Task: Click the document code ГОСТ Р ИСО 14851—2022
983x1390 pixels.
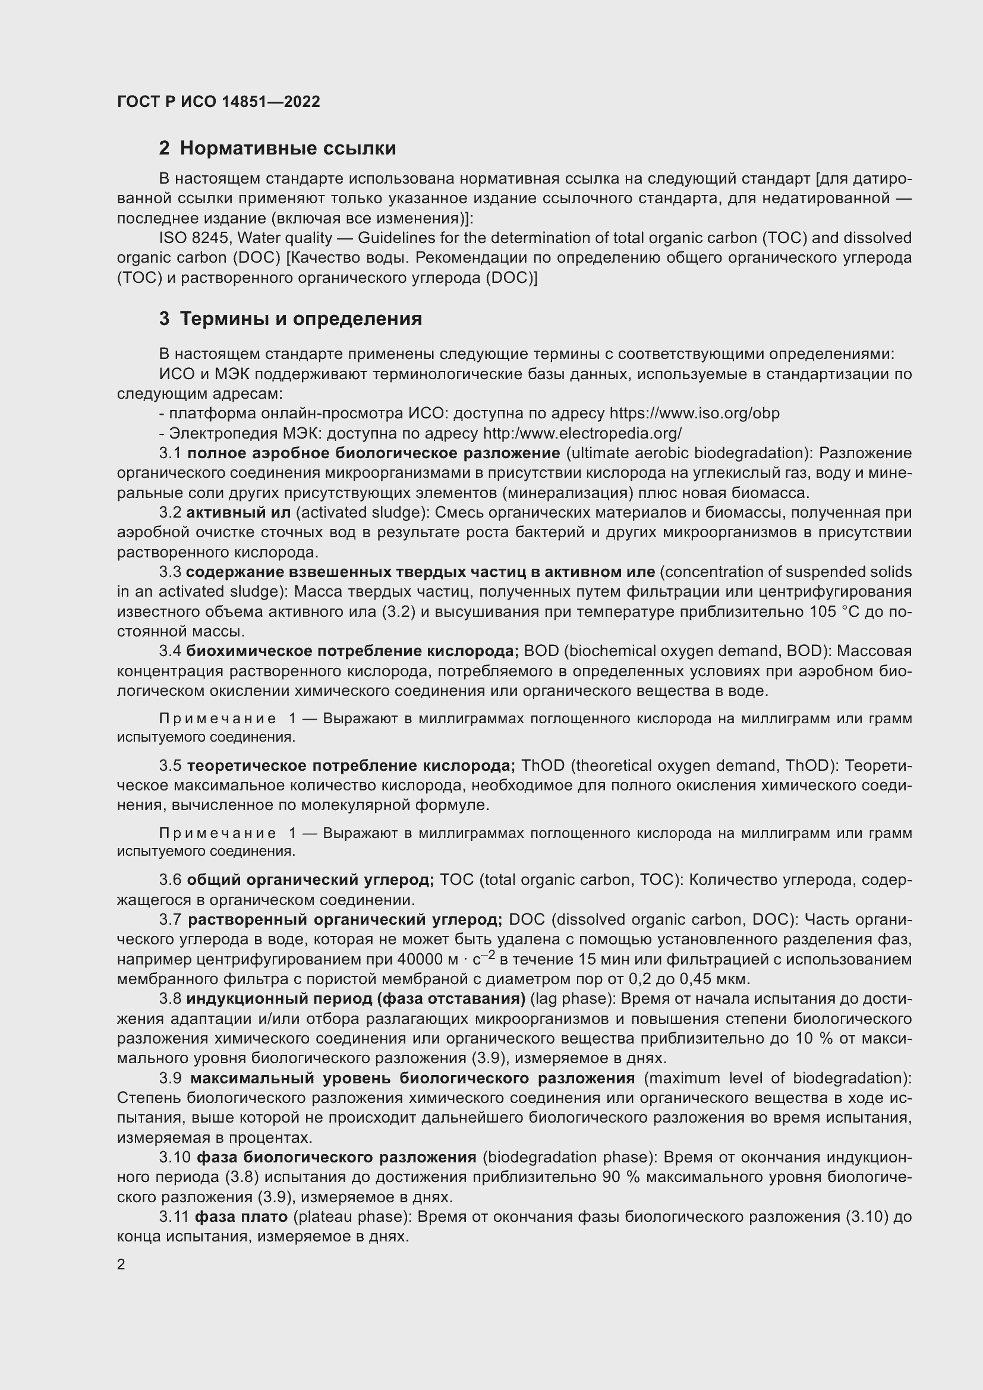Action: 219,102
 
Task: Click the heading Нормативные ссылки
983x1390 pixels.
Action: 288,149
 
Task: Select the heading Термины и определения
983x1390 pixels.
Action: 301,319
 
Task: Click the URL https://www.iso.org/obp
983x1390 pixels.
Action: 694,414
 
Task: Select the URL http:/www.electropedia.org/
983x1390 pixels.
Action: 582,433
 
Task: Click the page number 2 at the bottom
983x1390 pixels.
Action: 121,1265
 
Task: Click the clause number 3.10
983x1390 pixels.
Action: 175,1158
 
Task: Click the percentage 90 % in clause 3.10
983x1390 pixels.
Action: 613,1177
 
